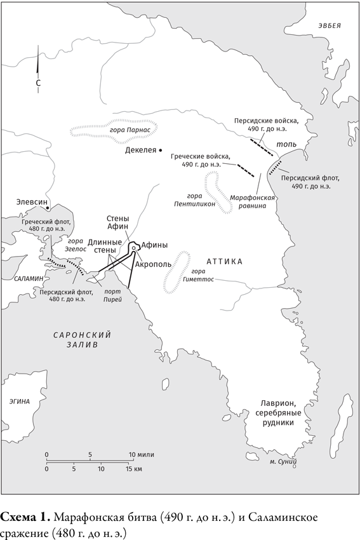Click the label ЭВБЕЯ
330,25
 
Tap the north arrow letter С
38,83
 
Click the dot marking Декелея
161,152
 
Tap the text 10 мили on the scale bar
141,455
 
